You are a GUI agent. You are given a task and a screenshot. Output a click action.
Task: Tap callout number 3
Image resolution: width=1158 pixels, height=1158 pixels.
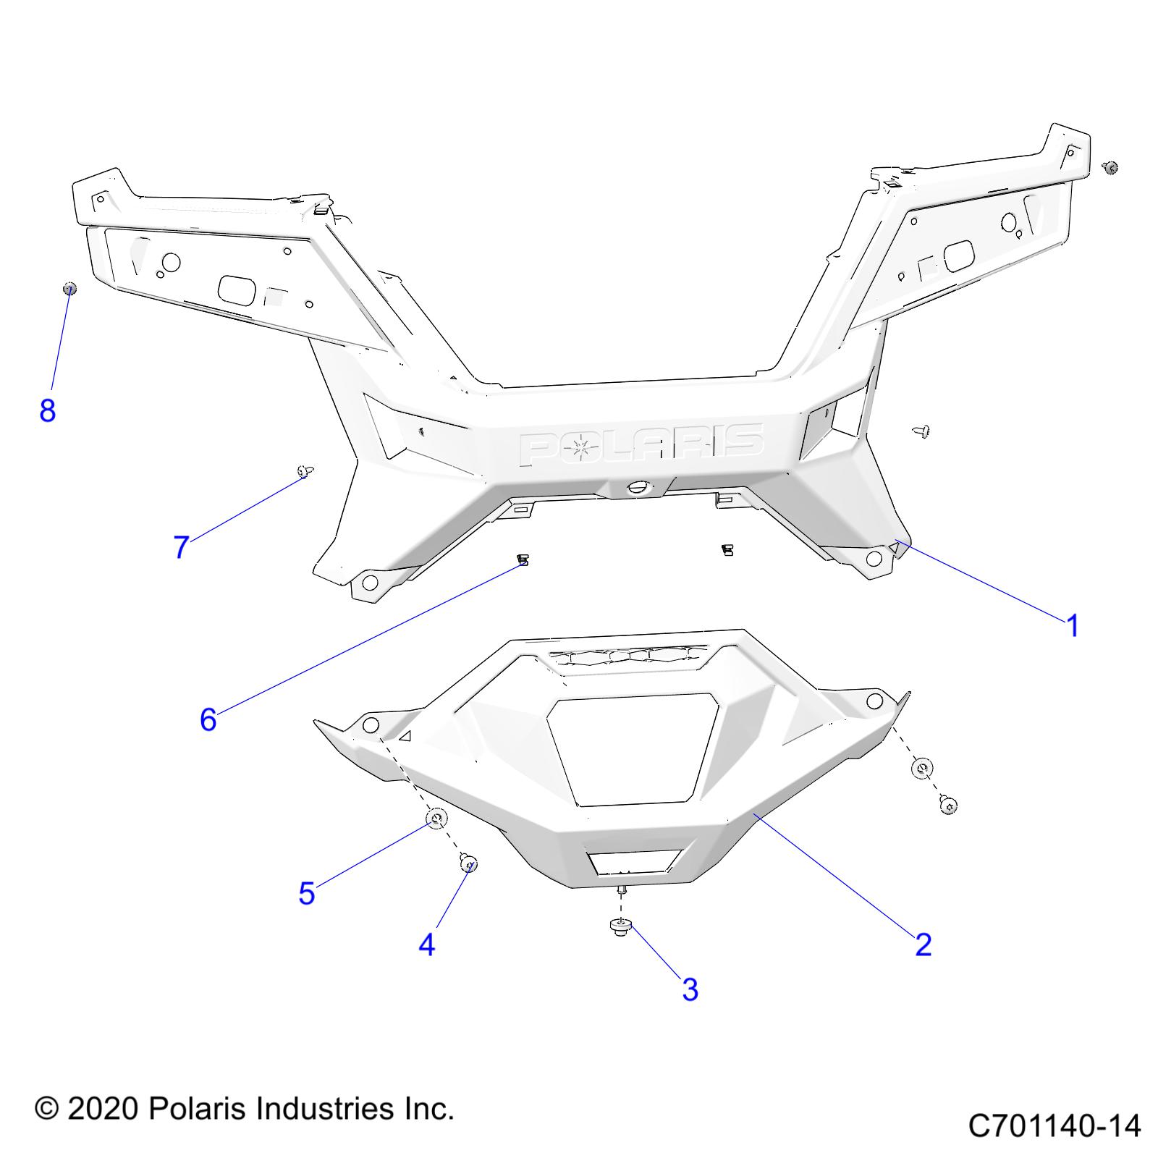690,989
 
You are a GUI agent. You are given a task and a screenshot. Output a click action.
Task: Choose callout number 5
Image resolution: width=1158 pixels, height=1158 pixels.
307,893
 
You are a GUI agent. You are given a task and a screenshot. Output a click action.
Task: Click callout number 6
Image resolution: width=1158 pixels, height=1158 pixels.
208,719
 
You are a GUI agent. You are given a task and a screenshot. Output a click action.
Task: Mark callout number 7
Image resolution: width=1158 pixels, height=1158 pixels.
181,546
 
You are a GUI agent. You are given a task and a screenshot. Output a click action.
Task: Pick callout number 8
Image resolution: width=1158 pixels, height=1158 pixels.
47,410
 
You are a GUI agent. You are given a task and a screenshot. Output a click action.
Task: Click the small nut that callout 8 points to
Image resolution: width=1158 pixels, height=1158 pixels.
69,288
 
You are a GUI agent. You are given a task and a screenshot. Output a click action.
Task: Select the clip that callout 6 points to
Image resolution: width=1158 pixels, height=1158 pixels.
523,559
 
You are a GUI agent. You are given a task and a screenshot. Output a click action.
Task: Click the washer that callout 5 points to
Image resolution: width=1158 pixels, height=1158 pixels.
436,819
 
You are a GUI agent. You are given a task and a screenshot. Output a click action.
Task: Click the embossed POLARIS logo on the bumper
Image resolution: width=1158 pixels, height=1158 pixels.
641,444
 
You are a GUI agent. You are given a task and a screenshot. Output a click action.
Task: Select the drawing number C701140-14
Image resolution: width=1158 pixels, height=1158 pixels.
1054,1126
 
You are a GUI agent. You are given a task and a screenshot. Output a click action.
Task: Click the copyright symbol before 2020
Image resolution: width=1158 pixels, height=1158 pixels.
46,1110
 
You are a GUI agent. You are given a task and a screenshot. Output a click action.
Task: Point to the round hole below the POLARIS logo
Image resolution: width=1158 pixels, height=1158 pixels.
638,487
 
